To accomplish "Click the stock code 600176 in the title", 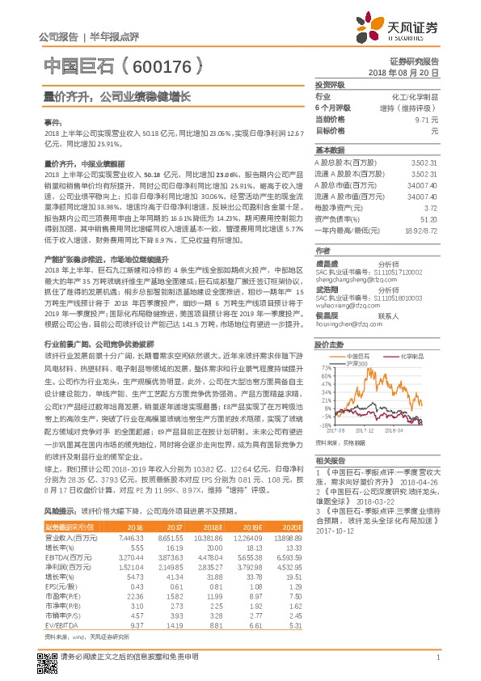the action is tap(162, 66).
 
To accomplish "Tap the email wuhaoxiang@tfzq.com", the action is tap(345, 307).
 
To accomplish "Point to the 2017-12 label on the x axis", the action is tap(365, 431).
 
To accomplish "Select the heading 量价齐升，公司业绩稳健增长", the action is tap(117, 96).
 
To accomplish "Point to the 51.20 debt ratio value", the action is tap(428, 218).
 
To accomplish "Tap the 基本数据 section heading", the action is tap(330, 150).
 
